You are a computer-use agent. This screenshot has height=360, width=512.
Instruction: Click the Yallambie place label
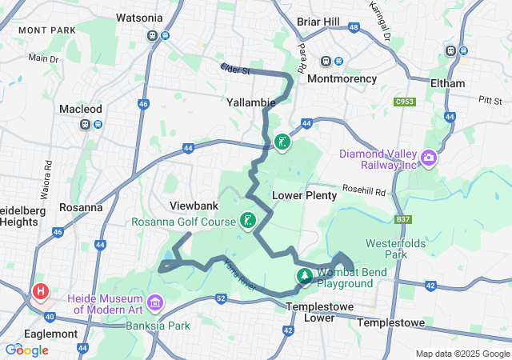[251, 103]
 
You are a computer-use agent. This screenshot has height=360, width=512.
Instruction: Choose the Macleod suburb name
[81, 108]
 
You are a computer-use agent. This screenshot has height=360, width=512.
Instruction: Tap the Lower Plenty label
[298, 195]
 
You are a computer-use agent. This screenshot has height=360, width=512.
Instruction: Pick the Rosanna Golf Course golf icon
[248, 220]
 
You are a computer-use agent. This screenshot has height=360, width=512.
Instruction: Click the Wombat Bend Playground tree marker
[304, 277]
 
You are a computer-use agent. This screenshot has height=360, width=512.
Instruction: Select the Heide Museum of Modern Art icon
[154, 303]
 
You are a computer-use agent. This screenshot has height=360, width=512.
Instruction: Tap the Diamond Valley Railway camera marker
[429, 158]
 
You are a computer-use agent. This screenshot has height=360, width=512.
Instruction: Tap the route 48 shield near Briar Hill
[353, 28]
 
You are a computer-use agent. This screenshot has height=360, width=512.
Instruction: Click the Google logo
[26, 350]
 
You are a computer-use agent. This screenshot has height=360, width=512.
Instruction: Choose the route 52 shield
[222, 298]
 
